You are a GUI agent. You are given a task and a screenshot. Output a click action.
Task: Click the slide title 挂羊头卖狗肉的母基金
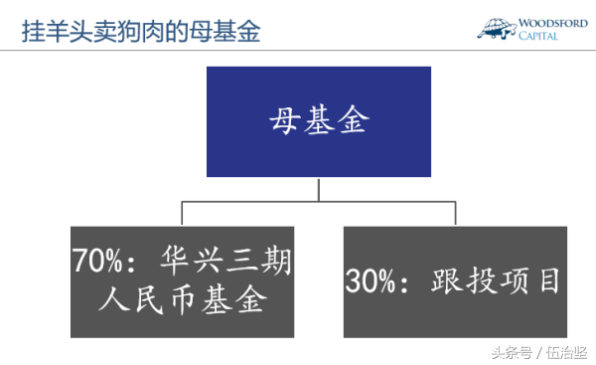[141, 31]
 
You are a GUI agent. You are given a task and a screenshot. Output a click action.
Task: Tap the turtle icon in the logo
[497, 29]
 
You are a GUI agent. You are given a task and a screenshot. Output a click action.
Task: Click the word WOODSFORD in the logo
[553, 23]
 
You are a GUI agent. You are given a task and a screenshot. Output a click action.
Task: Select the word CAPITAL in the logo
[538, 36]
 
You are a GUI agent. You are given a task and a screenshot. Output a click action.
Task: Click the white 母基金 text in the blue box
[319, 119]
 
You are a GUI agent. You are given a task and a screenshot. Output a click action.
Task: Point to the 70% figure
[97, 261]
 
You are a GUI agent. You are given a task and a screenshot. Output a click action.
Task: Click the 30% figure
[371, 280]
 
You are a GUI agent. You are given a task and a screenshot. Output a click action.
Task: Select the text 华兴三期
[225, 261]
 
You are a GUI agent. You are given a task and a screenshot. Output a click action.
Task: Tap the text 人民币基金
[183, 300]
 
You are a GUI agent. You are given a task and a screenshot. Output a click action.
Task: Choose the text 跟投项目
[496, 280]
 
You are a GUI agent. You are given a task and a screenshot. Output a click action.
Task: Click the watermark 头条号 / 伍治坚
[539, 353]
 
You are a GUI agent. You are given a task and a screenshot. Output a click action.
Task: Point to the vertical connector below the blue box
[319, 189]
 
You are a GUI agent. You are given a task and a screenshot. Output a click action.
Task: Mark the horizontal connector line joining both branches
[319, 201]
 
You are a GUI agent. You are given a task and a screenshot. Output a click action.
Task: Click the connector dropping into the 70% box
[182, 213]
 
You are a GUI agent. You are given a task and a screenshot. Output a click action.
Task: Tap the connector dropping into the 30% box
[455, 213]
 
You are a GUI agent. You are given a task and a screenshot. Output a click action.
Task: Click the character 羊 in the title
[57, 31]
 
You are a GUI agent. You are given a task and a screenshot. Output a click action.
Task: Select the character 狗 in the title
[129, 31]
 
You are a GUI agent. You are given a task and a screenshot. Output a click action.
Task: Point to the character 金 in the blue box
[354, 119]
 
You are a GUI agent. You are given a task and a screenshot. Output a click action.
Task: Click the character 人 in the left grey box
[114, 300]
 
